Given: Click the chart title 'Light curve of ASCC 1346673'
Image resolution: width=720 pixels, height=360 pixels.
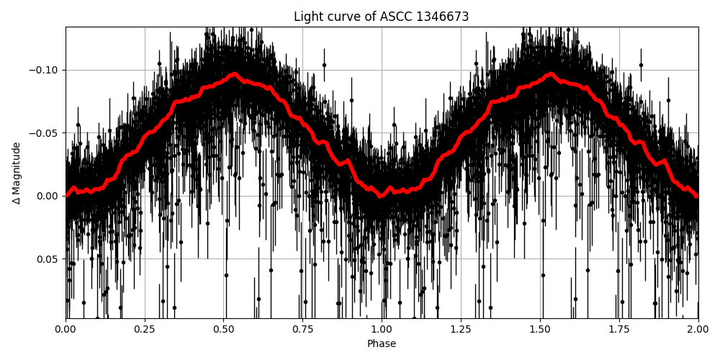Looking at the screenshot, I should (x=381, y=17).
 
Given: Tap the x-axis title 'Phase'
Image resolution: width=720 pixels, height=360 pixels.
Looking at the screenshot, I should (x=382, y=344).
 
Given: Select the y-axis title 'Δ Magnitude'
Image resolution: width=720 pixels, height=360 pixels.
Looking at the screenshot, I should (x=17, y=173).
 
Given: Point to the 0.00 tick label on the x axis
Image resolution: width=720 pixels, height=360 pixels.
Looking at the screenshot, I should (x=66, y=330).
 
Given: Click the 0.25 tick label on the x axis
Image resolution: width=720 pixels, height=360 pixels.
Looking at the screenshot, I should (x=145, y=330).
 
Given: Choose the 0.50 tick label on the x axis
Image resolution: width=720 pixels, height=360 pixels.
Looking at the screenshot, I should (x=224, y=330).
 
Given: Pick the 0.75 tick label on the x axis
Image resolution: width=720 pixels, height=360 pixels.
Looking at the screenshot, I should (x=302, y=330).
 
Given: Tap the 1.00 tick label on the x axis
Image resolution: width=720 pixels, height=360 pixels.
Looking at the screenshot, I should (x=382, y=330).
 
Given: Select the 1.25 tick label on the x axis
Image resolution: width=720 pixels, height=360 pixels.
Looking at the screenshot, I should (x=461, y=330).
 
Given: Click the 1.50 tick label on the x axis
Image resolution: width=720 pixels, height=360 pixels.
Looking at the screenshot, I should (x=540, y=330).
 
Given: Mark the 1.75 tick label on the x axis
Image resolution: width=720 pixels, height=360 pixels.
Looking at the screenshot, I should (x=619, y=330).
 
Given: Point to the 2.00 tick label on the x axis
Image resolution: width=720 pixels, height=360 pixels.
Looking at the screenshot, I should (x=698, y=330).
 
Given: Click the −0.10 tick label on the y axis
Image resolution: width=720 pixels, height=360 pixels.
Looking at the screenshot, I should (x=45, y=70).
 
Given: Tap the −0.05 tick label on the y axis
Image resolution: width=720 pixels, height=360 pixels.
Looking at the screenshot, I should (x=45, y=133).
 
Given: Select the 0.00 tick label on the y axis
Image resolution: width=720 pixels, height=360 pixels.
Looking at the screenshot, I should (x=48, y=196).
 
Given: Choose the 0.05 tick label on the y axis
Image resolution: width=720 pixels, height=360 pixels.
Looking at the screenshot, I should (x=48, y=259).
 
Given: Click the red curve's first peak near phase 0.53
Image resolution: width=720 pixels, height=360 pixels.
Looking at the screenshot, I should (x=234, y=73).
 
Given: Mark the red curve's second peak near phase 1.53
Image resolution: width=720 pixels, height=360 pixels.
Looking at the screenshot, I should (x=551, y=73).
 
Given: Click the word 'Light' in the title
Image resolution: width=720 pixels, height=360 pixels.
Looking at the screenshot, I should (x=307, y=17).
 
